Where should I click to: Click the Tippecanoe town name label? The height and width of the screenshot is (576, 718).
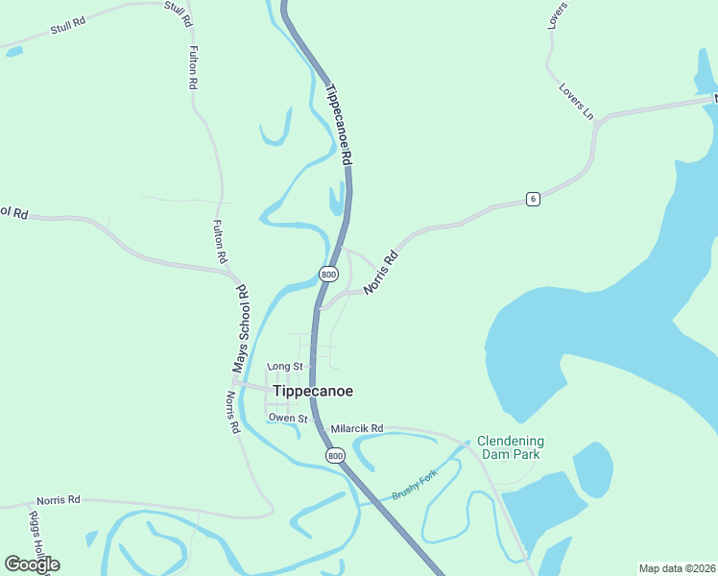(x=313, y=392)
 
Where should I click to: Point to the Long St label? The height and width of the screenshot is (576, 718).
(x=284, y=367)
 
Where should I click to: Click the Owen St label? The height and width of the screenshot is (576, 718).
(x=287, y=419)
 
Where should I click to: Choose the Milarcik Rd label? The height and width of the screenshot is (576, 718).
(x=356, y=428)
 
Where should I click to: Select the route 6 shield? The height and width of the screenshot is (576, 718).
(x=533, y=199)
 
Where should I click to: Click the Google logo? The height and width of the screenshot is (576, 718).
(x=32, y=564)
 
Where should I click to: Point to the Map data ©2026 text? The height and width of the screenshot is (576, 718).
(x=677, y=568)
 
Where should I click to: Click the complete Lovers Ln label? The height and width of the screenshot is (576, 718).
(x=576, y=102)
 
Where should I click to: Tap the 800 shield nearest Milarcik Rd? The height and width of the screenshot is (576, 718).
(x=334, y=455)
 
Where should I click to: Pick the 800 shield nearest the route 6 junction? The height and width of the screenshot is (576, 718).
(x=328, y=275)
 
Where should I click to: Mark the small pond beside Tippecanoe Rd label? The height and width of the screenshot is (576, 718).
(x=335, y=199)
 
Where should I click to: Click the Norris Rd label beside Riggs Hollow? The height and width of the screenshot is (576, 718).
(x=59, y=501)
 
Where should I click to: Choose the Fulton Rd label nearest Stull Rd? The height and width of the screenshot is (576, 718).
(x=193, y=67)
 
